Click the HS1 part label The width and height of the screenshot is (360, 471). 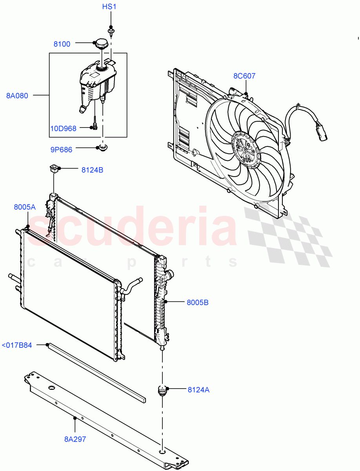109,7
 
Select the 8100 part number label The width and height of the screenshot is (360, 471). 62,44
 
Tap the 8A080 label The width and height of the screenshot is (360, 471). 17,95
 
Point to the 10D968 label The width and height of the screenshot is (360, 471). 63,128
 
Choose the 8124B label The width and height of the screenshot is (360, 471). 93,170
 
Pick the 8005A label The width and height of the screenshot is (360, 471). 25,207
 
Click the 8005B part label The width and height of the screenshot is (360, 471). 197,302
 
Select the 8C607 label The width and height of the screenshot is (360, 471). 244,76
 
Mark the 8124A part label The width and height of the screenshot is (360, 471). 198,390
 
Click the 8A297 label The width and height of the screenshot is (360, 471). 75,439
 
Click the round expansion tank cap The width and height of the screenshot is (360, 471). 100,44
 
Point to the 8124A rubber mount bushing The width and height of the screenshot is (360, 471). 162,391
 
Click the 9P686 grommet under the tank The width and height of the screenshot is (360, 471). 103,148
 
